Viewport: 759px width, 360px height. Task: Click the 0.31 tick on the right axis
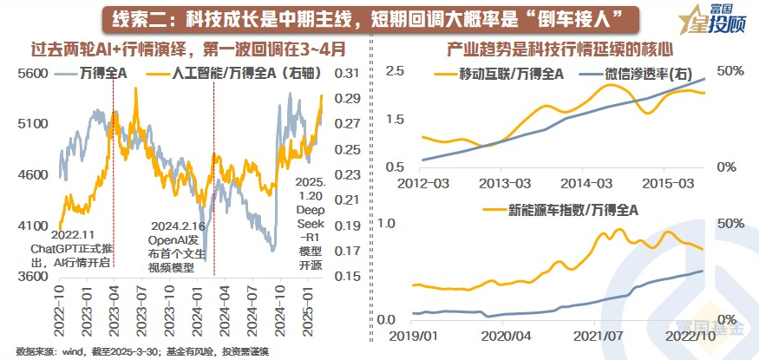[345, 75]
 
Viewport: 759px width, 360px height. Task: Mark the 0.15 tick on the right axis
[345, 277]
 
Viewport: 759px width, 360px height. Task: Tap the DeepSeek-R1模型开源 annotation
[309, 222]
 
